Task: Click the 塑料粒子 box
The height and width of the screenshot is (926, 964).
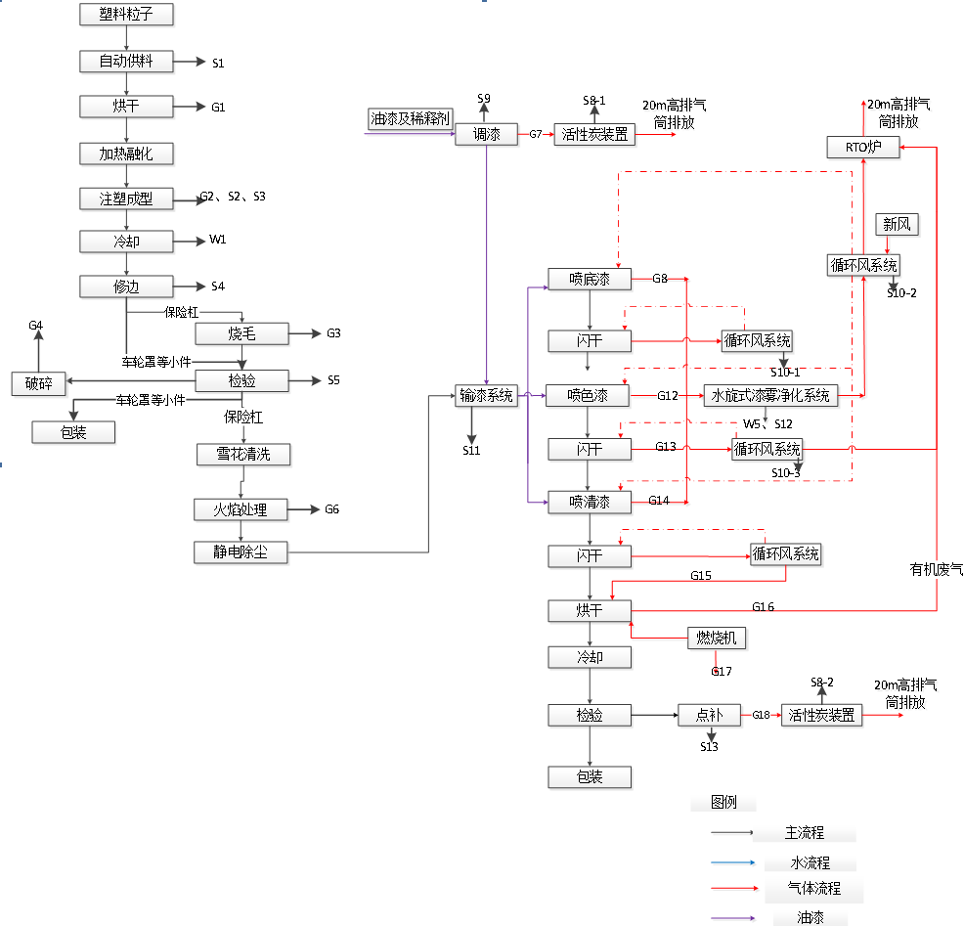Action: (x=126, y=14)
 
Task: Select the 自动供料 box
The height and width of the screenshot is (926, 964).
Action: (x=126, y=62)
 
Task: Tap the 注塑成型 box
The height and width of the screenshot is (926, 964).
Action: (x=126, y=198)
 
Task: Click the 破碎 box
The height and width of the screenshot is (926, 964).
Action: (x=39, y=383)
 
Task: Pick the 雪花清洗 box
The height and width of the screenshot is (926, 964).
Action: (x=242, y=455)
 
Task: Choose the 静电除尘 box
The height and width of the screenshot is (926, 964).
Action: (x=242, y=552)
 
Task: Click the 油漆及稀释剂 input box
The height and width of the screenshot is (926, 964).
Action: (x=411, y=119)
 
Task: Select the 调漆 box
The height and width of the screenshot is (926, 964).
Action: (x=486, y=135)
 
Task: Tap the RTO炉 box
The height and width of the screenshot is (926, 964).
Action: (x=863, y=148)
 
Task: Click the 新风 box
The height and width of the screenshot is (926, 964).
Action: (x=896, y=225)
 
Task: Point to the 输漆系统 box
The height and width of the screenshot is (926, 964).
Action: (x=486, y=396)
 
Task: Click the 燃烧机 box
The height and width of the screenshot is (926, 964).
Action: (x=717, y=639)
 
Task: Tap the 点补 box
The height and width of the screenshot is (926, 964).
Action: (x=709, y=716)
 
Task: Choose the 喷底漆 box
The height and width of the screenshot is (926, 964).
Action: (x=590, y=280)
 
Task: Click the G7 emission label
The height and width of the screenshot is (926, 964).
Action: (x=536, y=135)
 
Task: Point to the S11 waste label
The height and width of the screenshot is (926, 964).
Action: (x=472, y=451)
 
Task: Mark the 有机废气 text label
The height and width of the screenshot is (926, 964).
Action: (x=936, y=569)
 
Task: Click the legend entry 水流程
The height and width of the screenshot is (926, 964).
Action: (x=810, y=863)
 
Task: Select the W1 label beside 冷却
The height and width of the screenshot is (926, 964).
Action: (x=217, y=241)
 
